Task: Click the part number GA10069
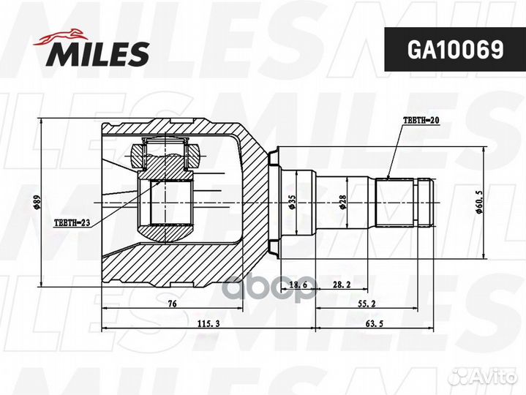tap(455, 50)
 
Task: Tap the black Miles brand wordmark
tap(98, 53)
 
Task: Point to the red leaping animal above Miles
tap(61, 37)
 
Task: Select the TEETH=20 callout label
tap(421, 121)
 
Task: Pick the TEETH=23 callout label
tap(72, 222)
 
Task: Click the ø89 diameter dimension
tap(37, 203)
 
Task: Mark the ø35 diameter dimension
tap(291, 203)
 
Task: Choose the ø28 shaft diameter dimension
tap(342, 203)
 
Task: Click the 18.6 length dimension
tap(298, 285)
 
